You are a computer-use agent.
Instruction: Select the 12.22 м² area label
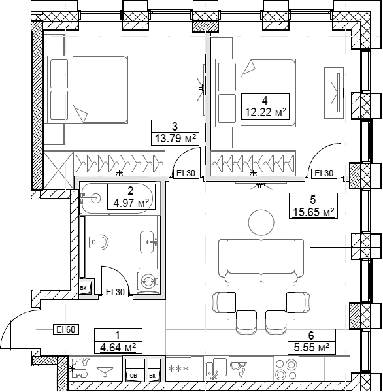click(264, 112)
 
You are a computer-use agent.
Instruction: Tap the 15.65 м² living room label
click(313, 212)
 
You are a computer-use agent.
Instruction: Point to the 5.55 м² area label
click(312, 346)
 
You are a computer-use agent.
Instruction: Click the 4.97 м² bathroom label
click(132, 202)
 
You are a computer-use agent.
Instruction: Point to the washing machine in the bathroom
click(148, 280)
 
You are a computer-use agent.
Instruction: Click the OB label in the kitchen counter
click(133, 376)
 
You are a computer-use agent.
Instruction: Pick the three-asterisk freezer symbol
click(178, 370)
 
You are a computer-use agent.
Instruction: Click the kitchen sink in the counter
click(239, 370)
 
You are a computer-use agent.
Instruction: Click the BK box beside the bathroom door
click(84, 287)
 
